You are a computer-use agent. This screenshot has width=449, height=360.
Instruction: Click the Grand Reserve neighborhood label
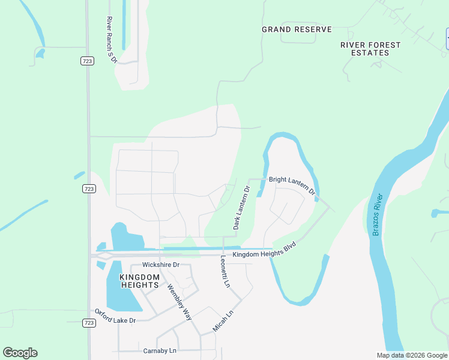(x=297, y=29)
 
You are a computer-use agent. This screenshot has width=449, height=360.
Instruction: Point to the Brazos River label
(x=377, y=214)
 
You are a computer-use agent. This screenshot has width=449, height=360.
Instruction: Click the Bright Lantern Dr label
(x=292, y=184)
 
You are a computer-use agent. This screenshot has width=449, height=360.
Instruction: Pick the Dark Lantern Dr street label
(x=241, y=208)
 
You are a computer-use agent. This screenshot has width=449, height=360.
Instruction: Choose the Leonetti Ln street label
(x=225, y=272)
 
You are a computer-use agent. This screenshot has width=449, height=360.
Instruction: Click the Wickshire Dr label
(x=161, y=265)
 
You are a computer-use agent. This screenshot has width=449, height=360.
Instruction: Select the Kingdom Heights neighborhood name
(x=140, y=281)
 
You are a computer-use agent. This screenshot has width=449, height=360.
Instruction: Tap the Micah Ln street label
(x=223, y=322)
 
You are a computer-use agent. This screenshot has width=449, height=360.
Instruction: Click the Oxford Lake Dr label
(x=116, y=316)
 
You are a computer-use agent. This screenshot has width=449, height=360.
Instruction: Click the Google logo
(x=20, y=353)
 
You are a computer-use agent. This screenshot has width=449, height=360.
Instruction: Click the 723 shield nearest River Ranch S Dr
(x=87, y=61)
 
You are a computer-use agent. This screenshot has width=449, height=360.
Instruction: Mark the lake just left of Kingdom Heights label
(x=116, y=288)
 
